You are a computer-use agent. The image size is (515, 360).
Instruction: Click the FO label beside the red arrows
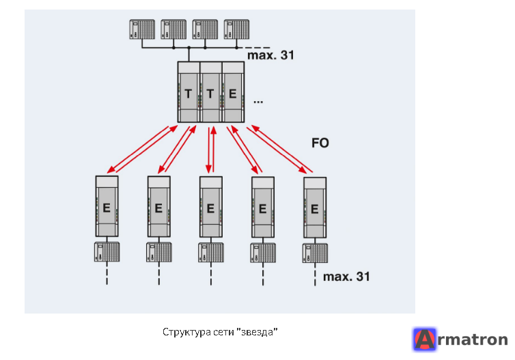point(320,143)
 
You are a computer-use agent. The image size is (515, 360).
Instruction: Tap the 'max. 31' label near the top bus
point(270,55)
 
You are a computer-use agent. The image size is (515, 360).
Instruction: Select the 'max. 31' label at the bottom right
point(346,277)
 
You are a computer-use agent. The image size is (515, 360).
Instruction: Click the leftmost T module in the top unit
point(189,92)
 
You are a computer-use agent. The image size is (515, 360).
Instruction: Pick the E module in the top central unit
point(233,92)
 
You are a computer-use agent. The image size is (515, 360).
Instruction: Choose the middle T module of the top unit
point(211,92)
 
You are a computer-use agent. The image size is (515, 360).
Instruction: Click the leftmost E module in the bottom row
point(107,206)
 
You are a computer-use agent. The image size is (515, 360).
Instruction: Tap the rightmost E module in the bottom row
point(315,208)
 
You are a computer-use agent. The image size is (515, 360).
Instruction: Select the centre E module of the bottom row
point(211,207)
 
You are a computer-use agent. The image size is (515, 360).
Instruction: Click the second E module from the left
point(159,206)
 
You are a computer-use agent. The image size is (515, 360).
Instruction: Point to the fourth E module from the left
point(263,207)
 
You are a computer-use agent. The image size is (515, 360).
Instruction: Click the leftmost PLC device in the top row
point(142,29)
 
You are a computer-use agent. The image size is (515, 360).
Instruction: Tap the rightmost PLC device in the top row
point(236,29)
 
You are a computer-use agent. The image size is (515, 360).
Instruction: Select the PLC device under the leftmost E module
point(107,252)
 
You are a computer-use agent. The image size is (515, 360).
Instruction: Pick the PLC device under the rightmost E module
point(315,253)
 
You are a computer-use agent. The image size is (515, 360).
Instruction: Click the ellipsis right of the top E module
point(258,102)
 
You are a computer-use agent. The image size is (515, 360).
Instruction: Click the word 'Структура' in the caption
point(186,332)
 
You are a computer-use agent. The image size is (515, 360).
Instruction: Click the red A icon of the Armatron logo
point(425,340)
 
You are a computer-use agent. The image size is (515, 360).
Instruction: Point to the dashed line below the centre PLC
point(211,274)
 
